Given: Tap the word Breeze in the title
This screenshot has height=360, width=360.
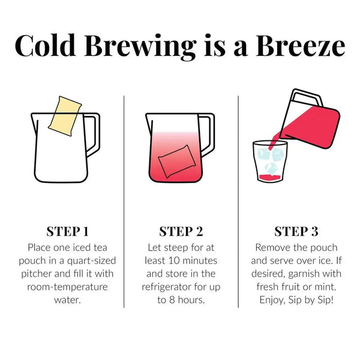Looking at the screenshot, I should pyautogui.click(x=300, y=46).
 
